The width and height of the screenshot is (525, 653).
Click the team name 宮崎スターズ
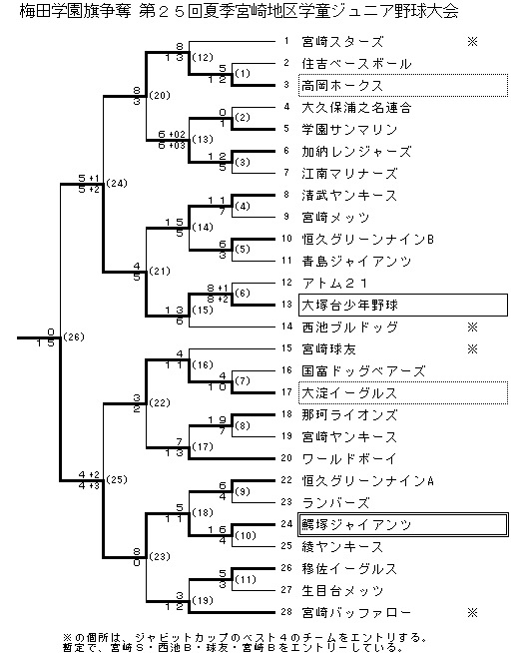click(342, 42)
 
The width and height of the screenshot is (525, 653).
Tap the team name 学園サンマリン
click(349, 130)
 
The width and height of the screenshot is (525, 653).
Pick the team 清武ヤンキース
click(349, 196)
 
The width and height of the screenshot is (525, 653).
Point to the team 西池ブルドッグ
click(349, 327)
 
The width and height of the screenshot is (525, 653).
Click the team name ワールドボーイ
click(349, 459)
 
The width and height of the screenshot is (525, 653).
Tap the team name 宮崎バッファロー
click(356, 613)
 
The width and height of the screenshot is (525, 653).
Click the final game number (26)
click(74, 336)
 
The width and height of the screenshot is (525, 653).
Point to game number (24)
click(117, 184)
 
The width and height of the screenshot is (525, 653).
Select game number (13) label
click(203, 139)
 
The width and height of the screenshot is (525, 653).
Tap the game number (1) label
click(243, 74)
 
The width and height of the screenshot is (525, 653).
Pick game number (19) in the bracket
click(203, 600)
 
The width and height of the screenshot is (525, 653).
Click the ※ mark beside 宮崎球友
click(472, 349)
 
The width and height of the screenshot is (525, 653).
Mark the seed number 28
click(286, 612)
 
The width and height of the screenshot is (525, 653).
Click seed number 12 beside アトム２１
click(286, 283)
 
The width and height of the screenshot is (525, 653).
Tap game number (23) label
click(160, 556)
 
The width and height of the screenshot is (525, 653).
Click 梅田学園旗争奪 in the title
click(76, 12)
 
